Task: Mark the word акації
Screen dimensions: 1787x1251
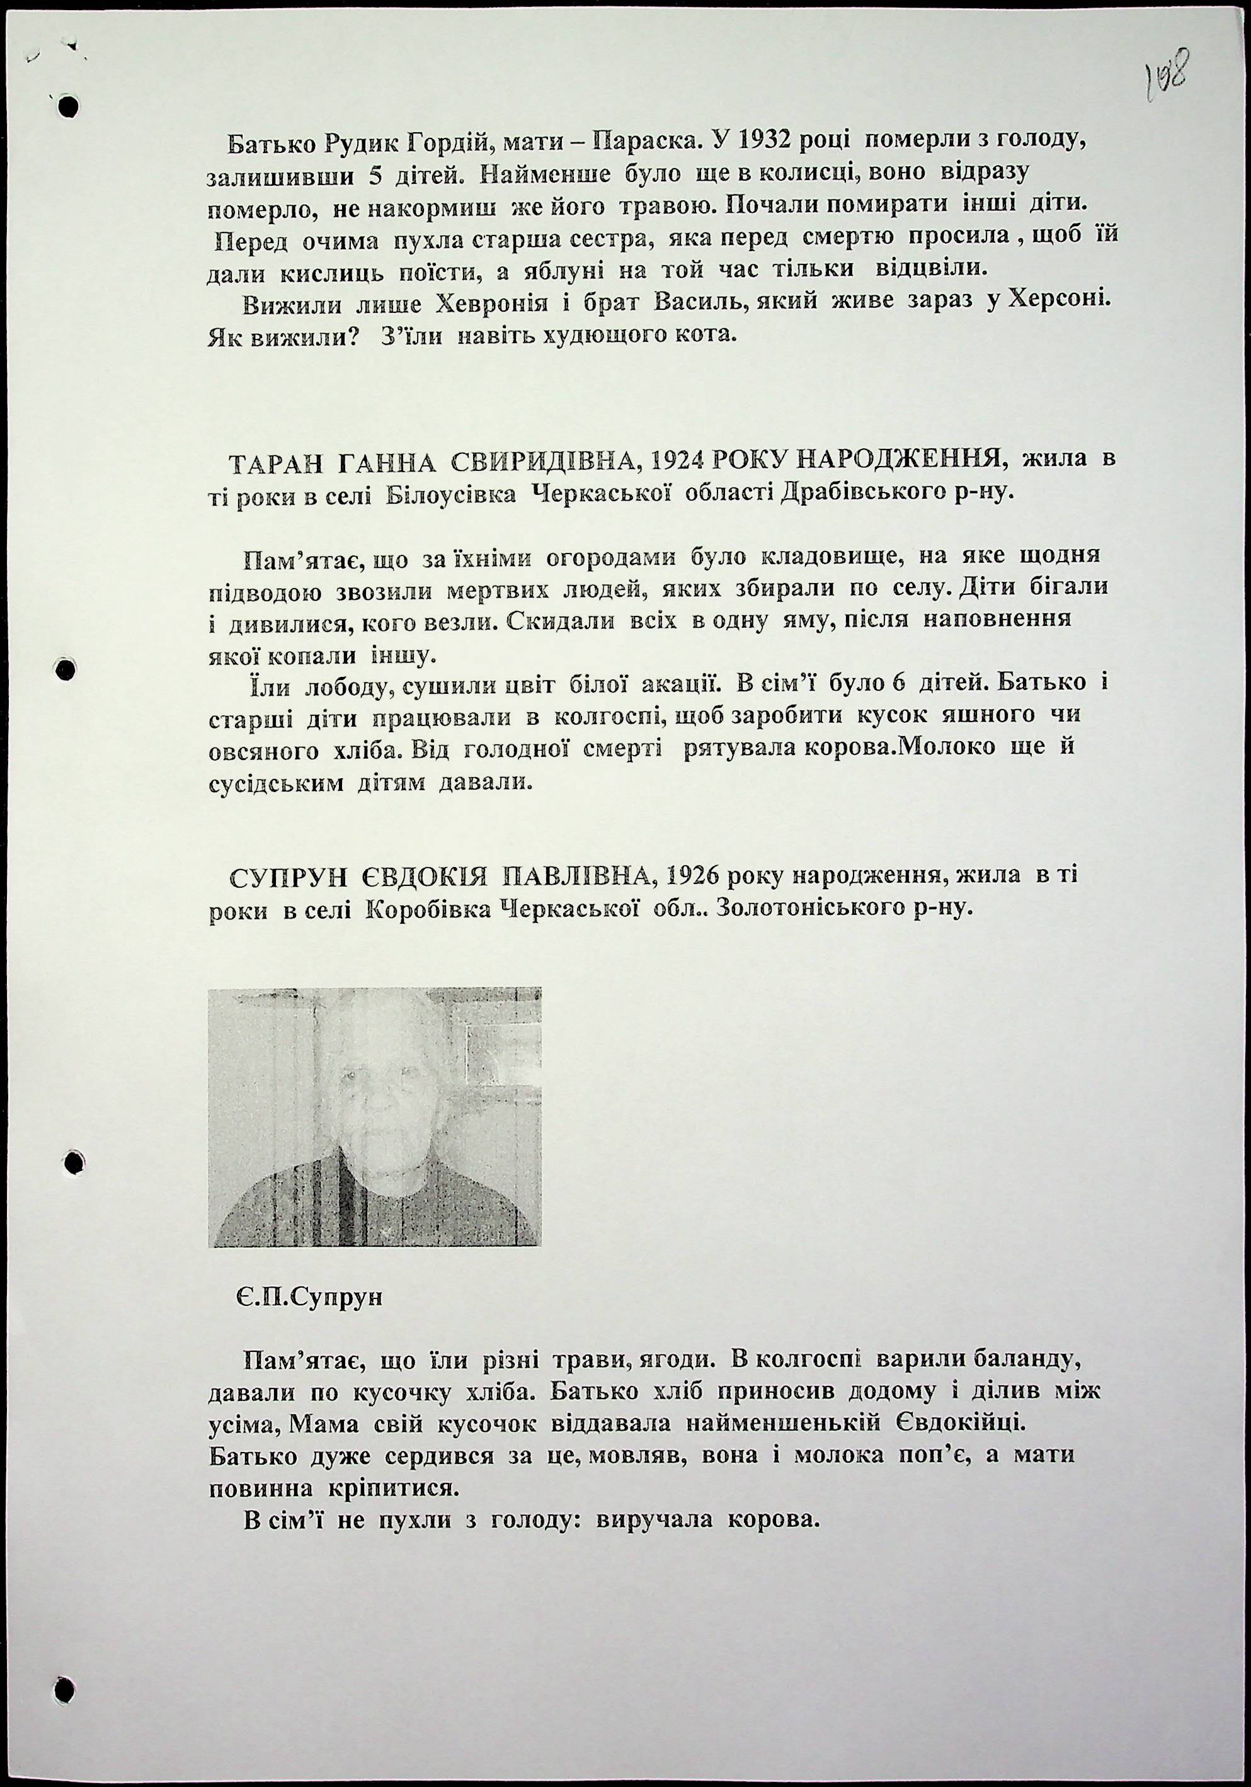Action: pyautogui.click(x=677, y=684)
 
